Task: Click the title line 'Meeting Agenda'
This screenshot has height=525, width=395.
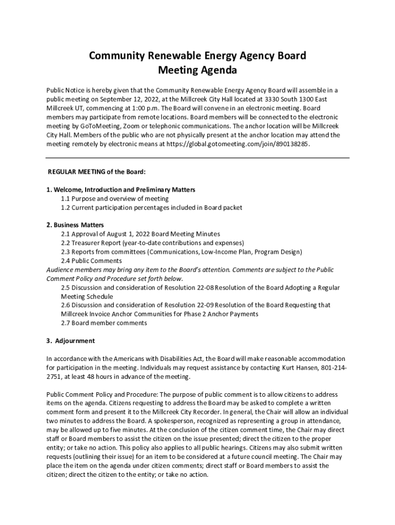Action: coord(197,70)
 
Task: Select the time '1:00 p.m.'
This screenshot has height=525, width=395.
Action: coord(150,108)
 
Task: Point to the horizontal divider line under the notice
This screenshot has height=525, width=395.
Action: coord(197,158)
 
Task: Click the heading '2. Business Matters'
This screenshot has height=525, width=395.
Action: coord(75,225)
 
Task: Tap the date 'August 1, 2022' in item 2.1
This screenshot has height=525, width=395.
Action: coord(125,234)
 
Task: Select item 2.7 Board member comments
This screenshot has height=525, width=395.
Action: coord(104,323)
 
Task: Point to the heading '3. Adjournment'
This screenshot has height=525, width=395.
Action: coord(71,340)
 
